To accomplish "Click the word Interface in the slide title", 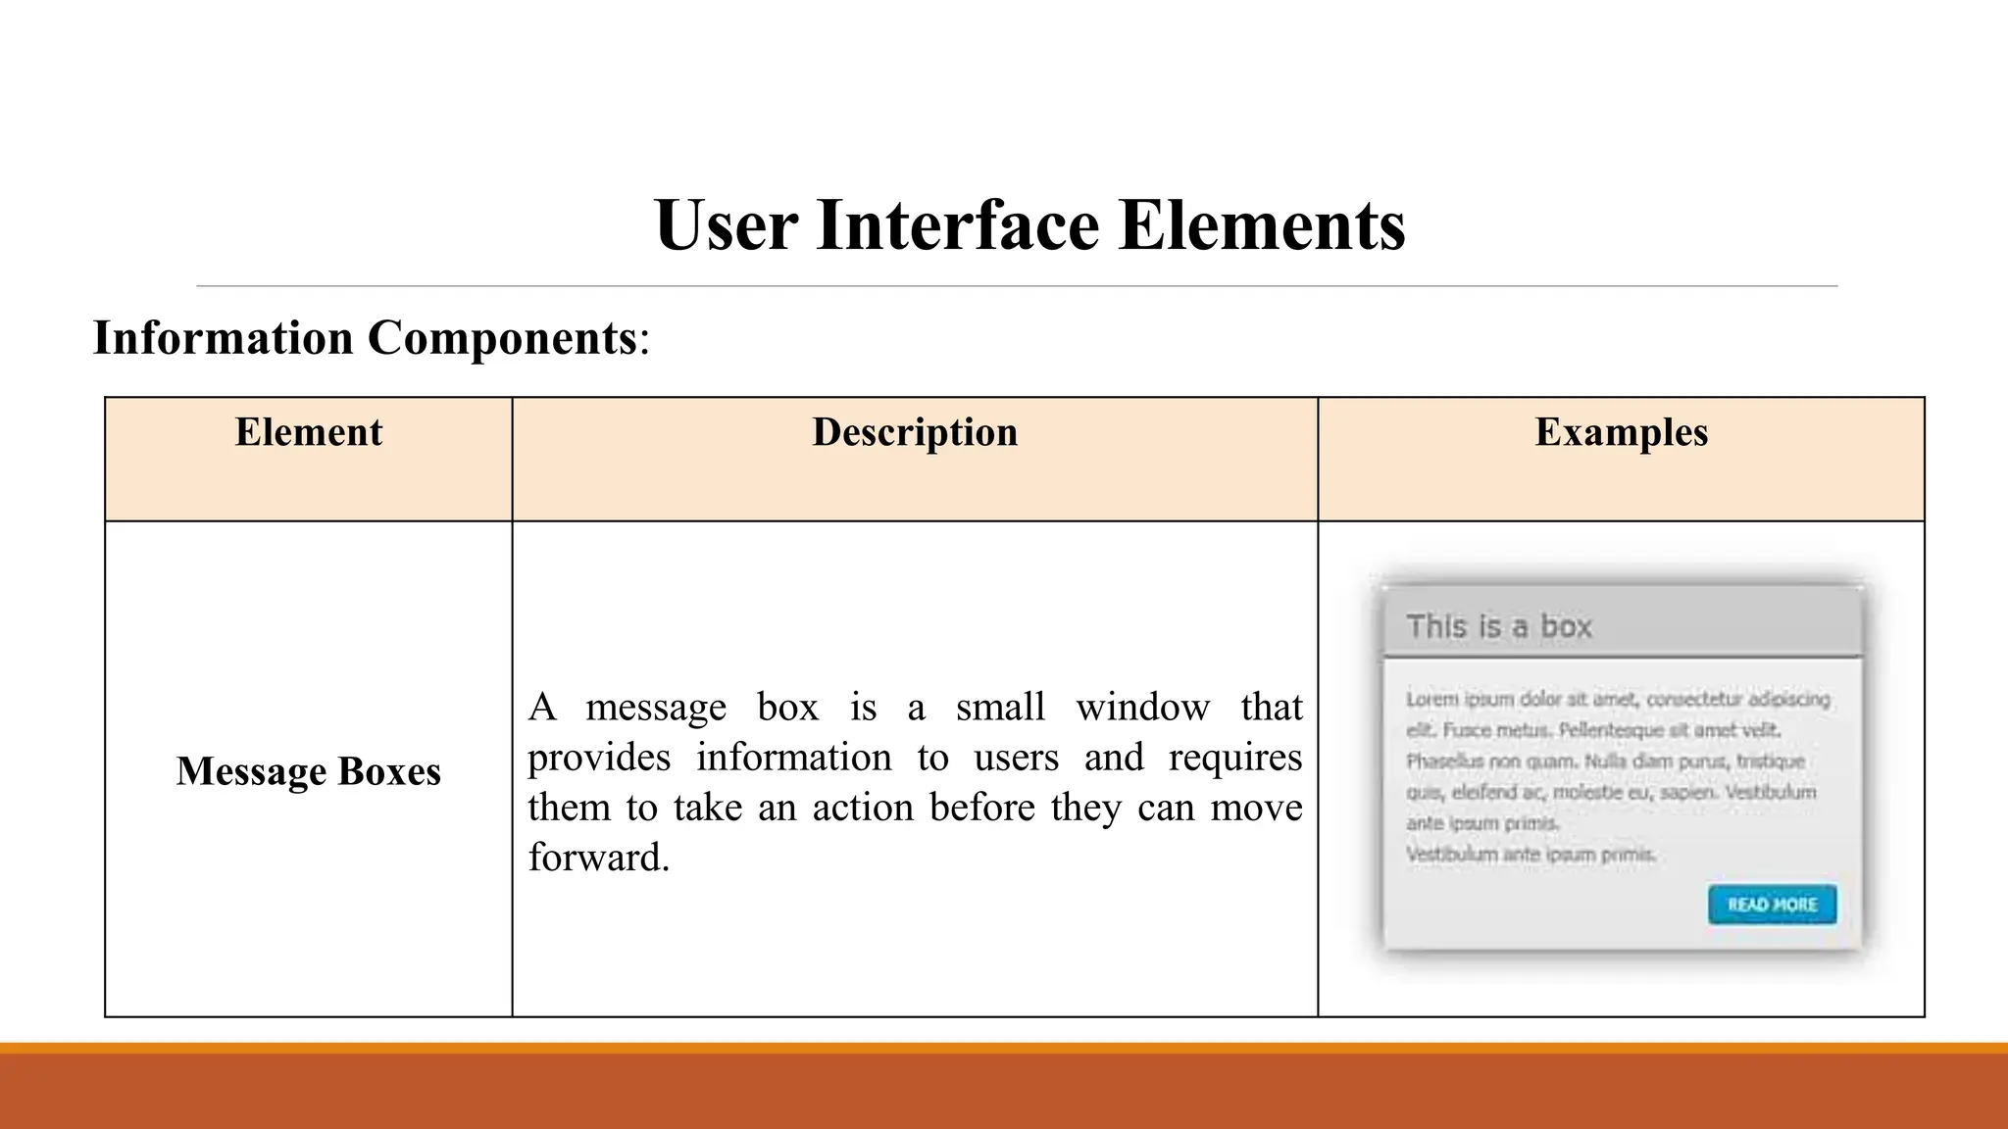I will click(x=957, y=225).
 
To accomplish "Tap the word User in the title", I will click(x=726, y=225).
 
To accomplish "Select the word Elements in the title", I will click(x=1262, y=225).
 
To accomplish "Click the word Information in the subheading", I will click(x=223, y=338).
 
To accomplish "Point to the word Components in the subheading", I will click(x=502, y=338).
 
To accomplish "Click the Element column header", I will click(x=308, y=432).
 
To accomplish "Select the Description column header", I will click(x=915, y=432).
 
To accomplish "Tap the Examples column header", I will click(x=1621, y=432).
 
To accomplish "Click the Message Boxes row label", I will click(x=308, y=771).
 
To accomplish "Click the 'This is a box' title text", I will click(x=1499, y=626).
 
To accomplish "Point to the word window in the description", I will click(x=1142, y=707).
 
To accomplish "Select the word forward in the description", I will click(x=598, y=858).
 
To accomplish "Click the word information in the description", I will click(x=794, y=758).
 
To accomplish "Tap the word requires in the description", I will click(x=1234, y=758).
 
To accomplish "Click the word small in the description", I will click(x=1000, y=707).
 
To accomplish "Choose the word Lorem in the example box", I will click(x=1431, y=699).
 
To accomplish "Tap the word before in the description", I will click(x=981, y=808).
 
